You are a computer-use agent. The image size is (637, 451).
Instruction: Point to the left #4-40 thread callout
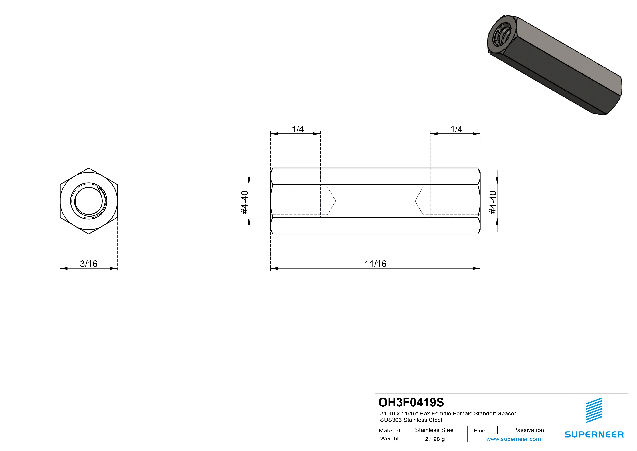pyautogui.click(x=244, y=202)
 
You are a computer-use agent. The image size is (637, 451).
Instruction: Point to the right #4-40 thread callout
pyautogui.click(x=493, y=202)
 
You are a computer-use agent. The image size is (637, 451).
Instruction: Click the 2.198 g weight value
pyautogui.click(x=435, y=439)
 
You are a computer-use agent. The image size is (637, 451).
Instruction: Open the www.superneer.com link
pyautogui.click(x=513, y=439)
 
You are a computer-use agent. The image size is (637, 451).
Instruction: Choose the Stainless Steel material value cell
pyautogui.click(x=435, y=430)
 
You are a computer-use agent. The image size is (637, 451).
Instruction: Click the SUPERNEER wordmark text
pyautogui.click(x=594, y=435)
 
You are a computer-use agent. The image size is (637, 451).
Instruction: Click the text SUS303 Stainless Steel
pyautogui.click(x=411, y=420)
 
